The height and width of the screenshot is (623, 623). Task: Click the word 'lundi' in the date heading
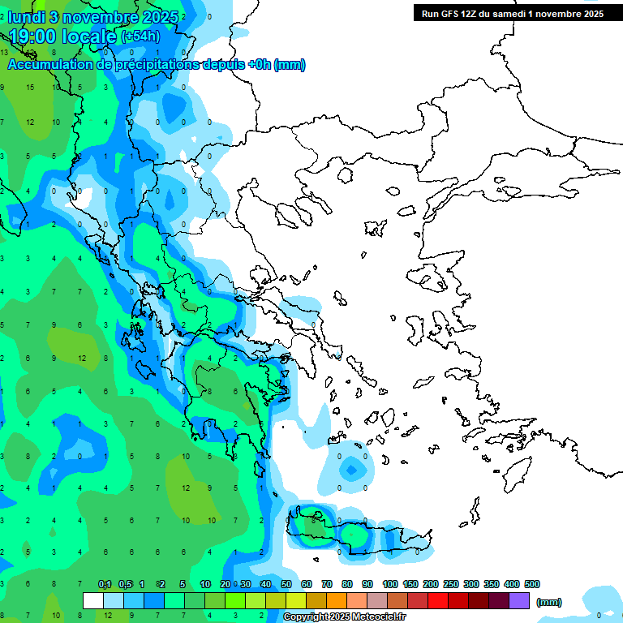tap(28, 16)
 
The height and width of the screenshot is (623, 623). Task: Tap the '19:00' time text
tap(33, 37)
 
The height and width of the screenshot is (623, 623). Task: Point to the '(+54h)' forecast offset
tap(140, 37)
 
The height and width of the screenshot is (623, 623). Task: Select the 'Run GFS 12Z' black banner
tap(511, 13)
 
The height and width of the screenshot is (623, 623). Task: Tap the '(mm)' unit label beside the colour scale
tap(549, 602)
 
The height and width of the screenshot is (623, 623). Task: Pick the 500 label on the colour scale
tap(532, 584)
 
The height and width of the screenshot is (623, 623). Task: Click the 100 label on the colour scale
tap(390, 584)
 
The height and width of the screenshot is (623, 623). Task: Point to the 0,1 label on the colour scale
tap(105, 584)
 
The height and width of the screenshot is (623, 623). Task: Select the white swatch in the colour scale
tap(93, 600)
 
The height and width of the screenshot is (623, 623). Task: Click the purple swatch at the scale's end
tap(519, 600)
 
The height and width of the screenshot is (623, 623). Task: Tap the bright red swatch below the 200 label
tap(438, 600)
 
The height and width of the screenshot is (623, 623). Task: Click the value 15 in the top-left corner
tap(30, 88)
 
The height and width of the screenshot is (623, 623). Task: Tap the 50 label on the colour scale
tap(286, 584)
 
